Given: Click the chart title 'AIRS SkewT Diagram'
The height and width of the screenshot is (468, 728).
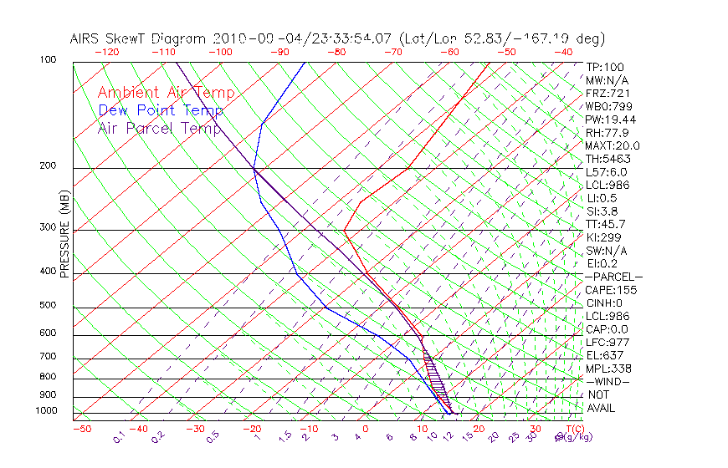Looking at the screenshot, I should (x=139, y=38).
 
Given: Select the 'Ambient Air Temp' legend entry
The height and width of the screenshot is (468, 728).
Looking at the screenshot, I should (x=166, y=93).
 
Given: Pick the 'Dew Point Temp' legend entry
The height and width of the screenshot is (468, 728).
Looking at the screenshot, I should (x=161, y=110).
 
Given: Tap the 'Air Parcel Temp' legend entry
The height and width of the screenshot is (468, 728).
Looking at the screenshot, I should (x=159, y=128).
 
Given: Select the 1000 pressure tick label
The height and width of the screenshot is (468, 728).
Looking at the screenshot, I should (x=48, y=411).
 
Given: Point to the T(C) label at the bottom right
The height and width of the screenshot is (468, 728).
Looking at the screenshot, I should (x=568, y=429).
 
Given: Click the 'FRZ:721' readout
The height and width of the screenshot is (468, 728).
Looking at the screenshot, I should (x=605, y=93).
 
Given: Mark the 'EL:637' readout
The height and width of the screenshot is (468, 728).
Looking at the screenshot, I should (x=602, y=355).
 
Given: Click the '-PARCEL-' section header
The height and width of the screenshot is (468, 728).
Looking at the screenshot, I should (x=613, y=277).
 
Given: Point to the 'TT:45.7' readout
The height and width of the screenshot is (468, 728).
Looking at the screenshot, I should (x=605, y=224).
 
